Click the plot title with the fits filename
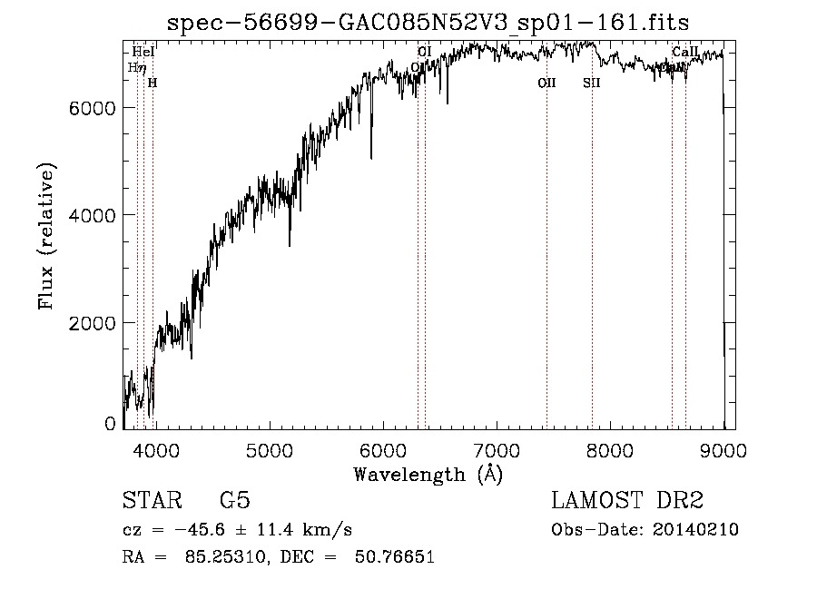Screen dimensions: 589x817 (x=428, y=23)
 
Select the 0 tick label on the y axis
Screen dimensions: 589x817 (x=111, y=424)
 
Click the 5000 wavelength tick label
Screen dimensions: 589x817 (x=269, y=451)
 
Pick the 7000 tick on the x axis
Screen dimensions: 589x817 (x=497, y=451)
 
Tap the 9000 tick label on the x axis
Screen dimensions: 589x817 (x=723, y=451)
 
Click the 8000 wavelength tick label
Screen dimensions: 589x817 (x=610, y=451)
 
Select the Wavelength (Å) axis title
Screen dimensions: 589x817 (x=428, y=474)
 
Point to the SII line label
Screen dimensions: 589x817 (x=592, y=83)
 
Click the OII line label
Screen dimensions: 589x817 (x=546, y=83)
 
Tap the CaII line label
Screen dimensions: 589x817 (x=685, y=52)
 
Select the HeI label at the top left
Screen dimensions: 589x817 (x=143, y=52)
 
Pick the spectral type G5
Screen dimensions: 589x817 (x=235, y=502)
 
